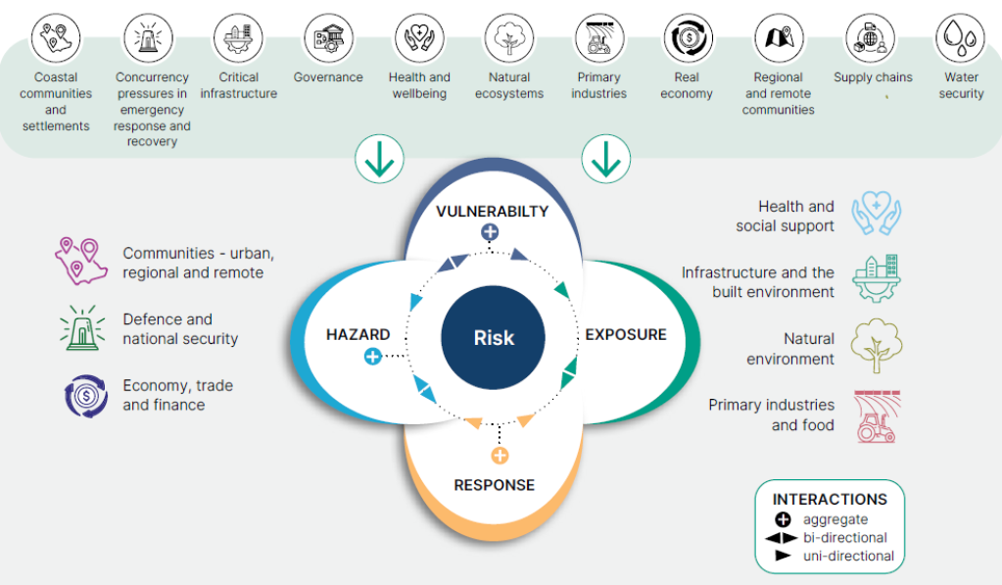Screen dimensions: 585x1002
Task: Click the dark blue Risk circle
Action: coord(494,338)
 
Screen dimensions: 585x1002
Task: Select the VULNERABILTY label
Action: coord(492,212)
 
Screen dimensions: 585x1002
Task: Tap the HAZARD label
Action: coord(358,335)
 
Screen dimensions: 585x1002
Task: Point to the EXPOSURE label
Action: coord(626,335)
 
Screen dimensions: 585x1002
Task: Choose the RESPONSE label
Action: coord(494,485)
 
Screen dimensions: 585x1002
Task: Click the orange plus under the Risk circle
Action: coord(500,456)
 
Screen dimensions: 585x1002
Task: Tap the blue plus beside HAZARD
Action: coord(372,357)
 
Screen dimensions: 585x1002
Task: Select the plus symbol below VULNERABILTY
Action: coord(490,232)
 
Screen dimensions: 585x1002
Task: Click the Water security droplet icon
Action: coord(960,39)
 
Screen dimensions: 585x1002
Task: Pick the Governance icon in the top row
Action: coord(328,39)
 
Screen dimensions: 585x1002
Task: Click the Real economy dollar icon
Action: coord(687,39)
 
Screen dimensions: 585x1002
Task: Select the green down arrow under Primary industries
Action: coord(606,159)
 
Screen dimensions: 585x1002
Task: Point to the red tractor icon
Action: coord(877,416)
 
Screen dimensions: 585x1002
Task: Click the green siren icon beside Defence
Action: coord(82,328)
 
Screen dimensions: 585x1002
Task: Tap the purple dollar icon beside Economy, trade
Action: coord(85,395)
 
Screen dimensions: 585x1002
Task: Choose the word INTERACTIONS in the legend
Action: coord(830,500)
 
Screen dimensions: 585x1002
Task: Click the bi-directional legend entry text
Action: coord(844,538)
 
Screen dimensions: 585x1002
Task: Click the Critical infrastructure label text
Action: coord(239,85)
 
